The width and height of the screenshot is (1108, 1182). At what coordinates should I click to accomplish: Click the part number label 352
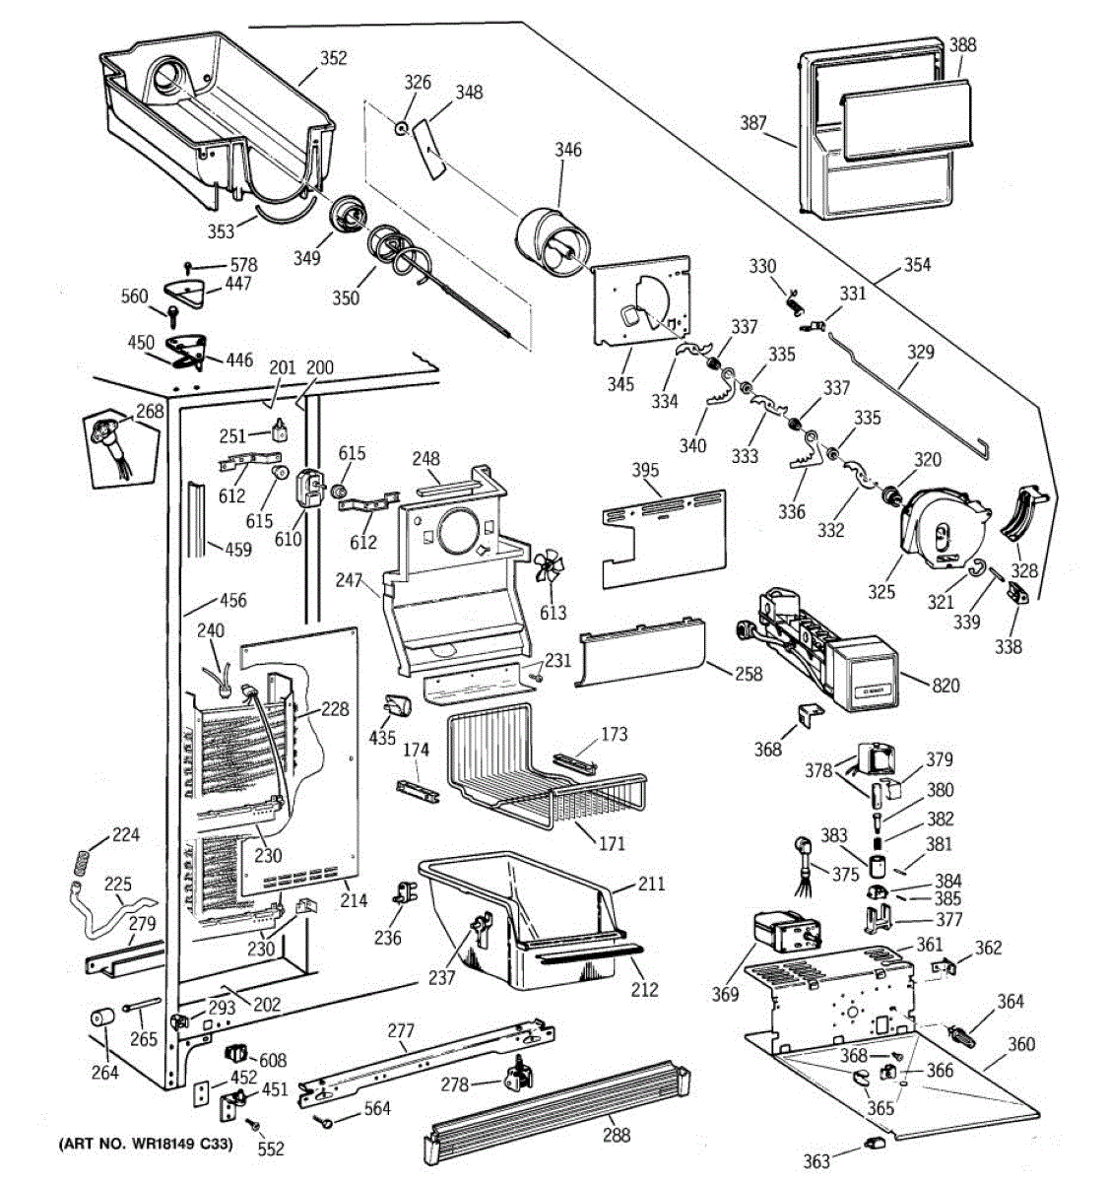click(334, 58)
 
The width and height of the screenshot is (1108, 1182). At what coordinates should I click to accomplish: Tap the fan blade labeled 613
click(549, 571)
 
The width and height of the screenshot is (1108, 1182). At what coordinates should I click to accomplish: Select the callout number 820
click(945, 686)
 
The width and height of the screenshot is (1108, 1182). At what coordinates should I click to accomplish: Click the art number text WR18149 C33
click(145, 1147)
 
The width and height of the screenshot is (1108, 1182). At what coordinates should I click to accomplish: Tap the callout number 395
click(645, 471)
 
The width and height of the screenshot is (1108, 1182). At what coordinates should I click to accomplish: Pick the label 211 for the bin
click(651, 884)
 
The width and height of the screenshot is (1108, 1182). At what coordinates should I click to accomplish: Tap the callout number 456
click(232, 600)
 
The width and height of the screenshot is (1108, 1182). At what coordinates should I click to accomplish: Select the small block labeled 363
click(873, 1142)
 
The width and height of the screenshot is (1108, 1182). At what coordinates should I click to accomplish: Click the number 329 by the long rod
click(920, 353)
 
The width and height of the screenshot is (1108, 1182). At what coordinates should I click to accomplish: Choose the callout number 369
click(725, 995)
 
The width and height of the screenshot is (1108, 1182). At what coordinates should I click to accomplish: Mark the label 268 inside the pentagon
click(150, 412)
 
